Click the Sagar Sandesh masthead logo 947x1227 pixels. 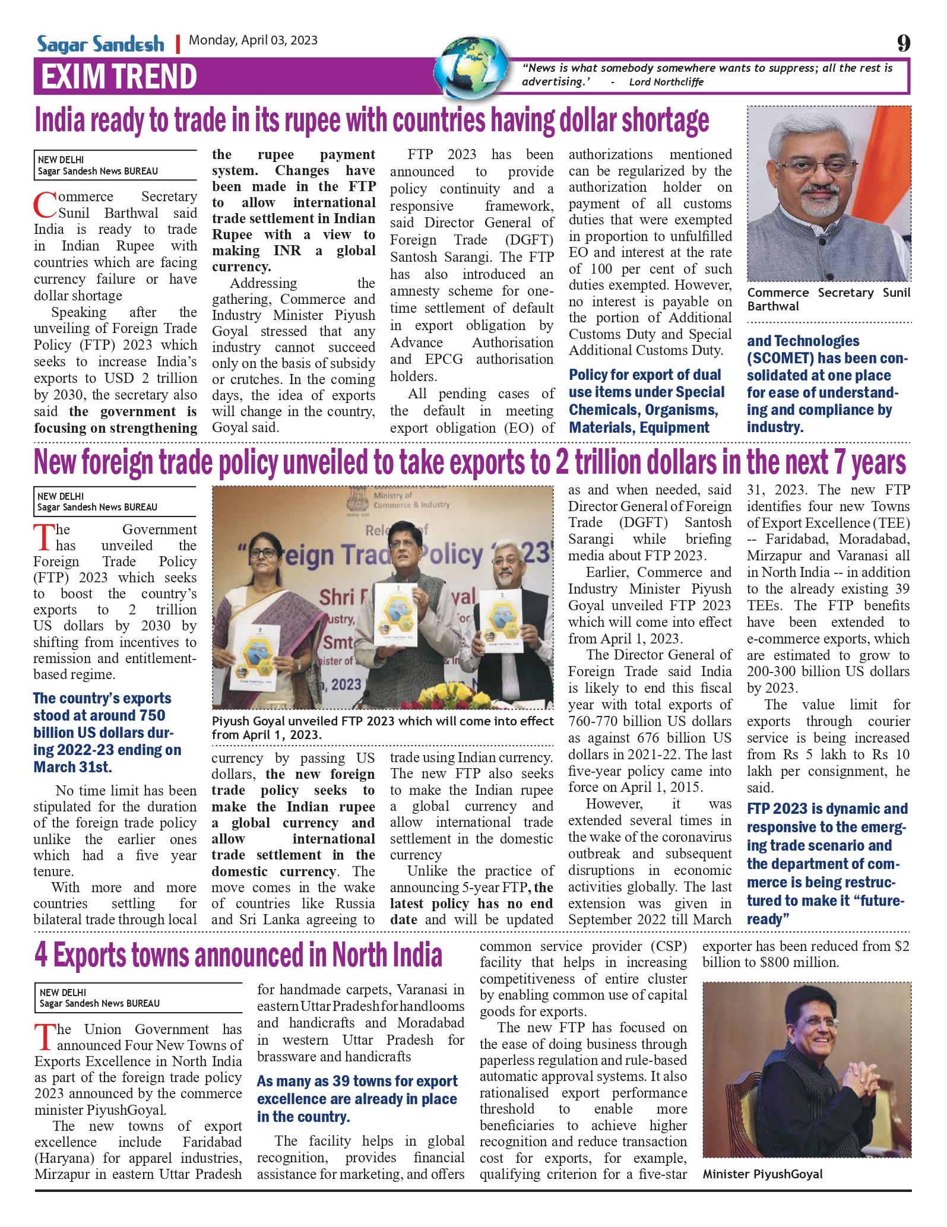(x=100, y=44)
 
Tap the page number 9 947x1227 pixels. (x=903, y=43)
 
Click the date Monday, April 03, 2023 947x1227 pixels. (x=253, y=40)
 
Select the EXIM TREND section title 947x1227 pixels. (x=119, y=77)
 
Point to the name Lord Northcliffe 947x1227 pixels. (x=666, y=82)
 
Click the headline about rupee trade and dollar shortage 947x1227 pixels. (x=372, y=121)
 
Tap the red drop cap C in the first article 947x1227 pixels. (x=45, y=205)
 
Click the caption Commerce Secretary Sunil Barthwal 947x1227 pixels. (x=828, y=299)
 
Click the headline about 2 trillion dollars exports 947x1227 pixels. (x=470, y=463)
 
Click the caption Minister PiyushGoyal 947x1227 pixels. (x=762, y=1174)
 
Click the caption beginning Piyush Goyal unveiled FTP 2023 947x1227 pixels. (x=382, y=727)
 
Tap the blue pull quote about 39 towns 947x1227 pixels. (x=357, y=1098)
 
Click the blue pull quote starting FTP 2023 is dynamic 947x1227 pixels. (x=826, y=863)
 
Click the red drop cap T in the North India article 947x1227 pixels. (x=46, y=1036)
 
